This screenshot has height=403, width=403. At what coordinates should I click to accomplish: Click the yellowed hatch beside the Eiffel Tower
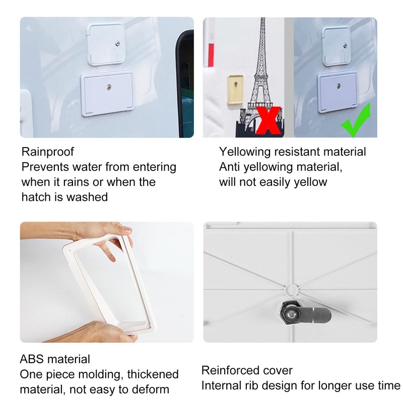[235, 89]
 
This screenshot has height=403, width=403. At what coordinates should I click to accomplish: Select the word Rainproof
[48, 152]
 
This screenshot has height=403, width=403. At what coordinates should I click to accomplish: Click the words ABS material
[55, 359]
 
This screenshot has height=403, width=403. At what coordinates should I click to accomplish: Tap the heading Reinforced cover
[247, 371]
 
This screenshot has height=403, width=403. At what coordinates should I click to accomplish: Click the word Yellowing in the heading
[245, 152]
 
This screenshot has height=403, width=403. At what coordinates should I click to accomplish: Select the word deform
[152, 389]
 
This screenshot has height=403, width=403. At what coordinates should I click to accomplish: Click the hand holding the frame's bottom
[108, 331]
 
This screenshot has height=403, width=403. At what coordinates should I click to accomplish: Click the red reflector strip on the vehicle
[211, 52]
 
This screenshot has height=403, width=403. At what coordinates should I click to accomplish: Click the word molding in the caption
[98, 374]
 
